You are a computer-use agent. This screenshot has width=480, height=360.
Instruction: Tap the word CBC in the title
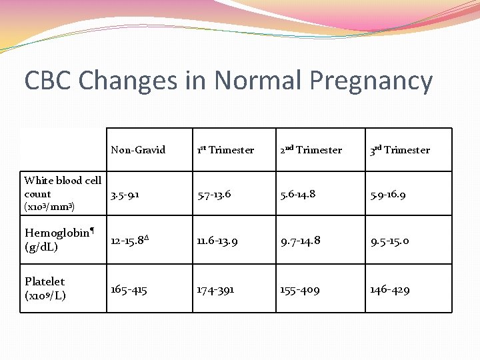48,81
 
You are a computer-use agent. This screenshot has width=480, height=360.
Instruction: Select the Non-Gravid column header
138,150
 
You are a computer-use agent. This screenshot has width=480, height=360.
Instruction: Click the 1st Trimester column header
225,150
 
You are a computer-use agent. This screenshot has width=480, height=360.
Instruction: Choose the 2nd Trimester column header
311,150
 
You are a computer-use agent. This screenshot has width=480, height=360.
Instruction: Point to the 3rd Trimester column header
400,150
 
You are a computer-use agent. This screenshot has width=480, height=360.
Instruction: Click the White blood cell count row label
63,193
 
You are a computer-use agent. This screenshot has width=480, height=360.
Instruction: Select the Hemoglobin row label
59,239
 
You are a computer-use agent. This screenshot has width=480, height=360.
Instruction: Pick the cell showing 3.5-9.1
125,195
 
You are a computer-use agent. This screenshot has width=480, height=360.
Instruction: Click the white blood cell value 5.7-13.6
214,195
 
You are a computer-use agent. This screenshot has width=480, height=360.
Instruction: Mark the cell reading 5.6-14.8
298,195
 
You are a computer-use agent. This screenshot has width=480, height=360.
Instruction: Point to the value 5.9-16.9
388,195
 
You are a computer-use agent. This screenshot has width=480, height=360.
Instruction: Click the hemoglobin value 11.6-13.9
217,240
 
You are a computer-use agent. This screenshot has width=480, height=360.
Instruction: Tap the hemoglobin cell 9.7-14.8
301,240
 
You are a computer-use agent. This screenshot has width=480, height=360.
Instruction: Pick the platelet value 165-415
129,290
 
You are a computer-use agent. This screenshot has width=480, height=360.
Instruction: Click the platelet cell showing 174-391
215,290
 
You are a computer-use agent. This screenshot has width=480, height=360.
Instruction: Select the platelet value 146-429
390,290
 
